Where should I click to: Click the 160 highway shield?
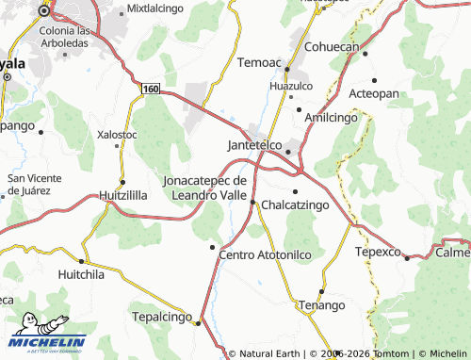pos(151,88)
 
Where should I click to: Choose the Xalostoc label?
pos(117,135)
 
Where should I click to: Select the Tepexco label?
pos(378,253)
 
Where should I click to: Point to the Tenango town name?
pos(321,305)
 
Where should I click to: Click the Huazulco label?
pos(290,85)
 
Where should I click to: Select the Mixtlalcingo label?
pos(154,8)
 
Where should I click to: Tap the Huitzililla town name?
pos(123,195)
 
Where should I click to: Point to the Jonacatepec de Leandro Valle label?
pos(204,188)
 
